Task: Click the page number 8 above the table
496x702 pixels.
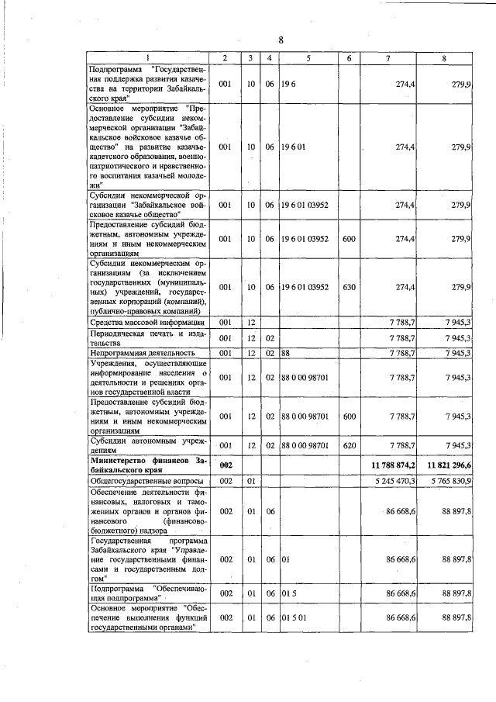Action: pos(281,40)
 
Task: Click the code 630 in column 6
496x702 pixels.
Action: pos(349,287)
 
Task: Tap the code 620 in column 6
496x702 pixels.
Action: pos(349,445)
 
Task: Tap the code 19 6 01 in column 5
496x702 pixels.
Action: pos(294,146)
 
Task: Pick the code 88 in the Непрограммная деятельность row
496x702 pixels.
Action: pos(285,353)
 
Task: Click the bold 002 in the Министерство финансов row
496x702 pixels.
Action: pos(226,465)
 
